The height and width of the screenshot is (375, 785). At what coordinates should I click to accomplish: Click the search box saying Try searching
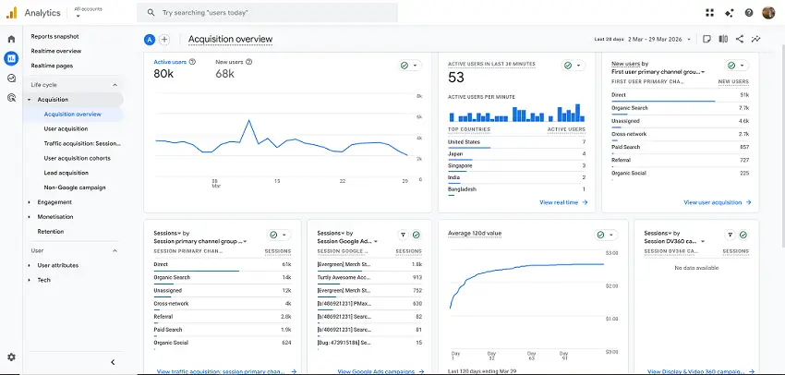pos(268,13)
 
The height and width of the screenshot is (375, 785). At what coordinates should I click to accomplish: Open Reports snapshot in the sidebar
pos(54,36)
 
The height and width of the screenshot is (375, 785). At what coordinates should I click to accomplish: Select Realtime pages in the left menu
pos(52,66)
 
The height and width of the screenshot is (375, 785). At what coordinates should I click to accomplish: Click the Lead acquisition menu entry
pos(66,173)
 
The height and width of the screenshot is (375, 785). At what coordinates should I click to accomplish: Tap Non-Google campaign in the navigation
pos(75,187)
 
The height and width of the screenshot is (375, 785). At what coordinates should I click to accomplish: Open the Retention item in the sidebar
pos(51,231)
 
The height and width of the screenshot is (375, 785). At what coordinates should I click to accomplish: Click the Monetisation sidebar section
pos(55,216)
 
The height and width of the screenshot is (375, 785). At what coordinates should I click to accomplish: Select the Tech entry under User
pos(43,279)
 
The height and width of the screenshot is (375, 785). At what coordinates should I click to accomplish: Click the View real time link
pos(559,201)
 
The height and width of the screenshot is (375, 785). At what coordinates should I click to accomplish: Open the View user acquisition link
pos(712,201)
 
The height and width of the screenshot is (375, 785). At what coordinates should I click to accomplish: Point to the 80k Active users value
pos(163,74)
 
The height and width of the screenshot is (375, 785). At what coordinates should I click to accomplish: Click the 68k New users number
pos(224,74)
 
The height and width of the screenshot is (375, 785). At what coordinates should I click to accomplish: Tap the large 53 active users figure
pos(456,78)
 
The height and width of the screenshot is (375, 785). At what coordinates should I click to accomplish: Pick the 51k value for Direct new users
pos(744,94)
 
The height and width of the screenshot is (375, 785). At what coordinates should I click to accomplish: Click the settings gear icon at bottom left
pos(11,357)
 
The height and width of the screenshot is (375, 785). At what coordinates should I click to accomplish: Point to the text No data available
pos(697,268)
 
